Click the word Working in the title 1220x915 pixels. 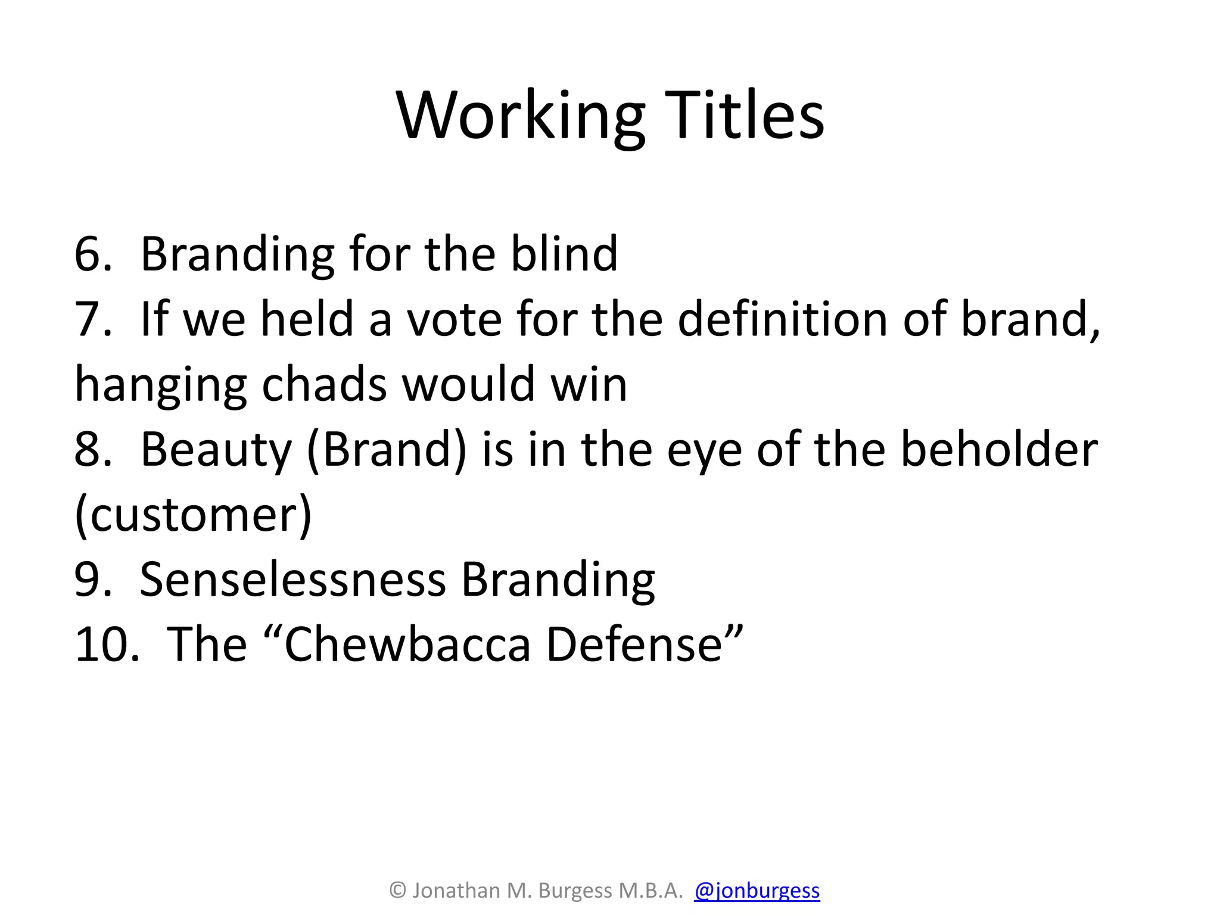521,116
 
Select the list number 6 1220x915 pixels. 93,254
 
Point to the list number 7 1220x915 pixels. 93,319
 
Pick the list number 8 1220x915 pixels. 93,449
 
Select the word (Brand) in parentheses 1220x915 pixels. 387,450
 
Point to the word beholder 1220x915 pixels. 999,449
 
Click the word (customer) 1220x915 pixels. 193,515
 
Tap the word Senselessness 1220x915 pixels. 292,579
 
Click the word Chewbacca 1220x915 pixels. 407,645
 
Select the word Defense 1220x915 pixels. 634,645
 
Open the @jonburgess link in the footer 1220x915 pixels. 757,891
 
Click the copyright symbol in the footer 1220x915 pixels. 397,891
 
